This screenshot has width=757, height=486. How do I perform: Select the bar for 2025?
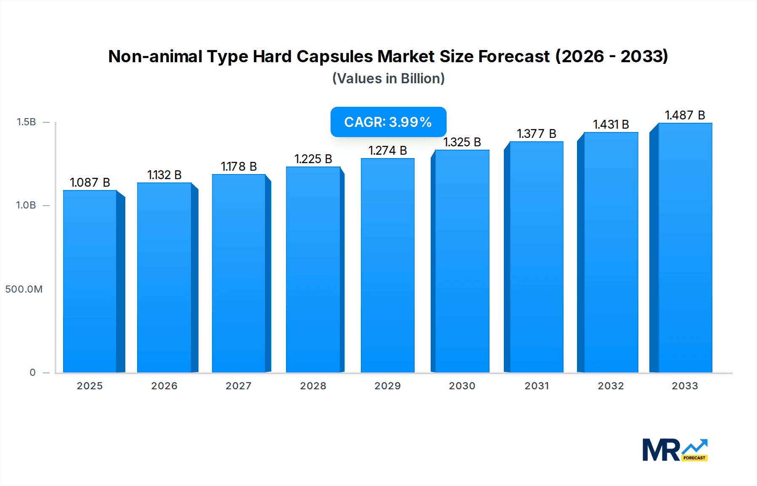pyautogui.click(x=90, y=282)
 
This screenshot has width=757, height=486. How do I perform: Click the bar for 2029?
pyautogui.click(x=387, y=265)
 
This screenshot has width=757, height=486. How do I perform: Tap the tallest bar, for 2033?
pyautogui.click(x=685, y=248)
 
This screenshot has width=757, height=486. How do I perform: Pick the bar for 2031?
pyautogui.click(x=536, y=256)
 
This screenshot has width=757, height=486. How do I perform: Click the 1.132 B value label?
pyautogui.click(x=164, y=175)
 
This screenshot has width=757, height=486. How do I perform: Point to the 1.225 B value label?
pyautogui.click(x=313, y=159)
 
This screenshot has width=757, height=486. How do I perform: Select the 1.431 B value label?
pyautogui.click(x=611, y=124)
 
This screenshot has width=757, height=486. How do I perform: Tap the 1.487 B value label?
pyautogui.click(x=685, y=115)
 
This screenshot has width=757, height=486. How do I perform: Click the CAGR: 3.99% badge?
pyautogui.click(x=388, y=122)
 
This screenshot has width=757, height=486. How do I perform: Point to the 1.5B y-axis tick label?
pyautogui.click(x=26, y=122)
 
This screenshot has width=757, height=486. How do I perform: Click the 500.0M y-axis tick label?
pyautogui.click(x=24, y=289)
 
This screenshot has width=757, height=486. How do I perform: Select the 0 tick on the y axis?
pyautogui.click(x=32, y=372)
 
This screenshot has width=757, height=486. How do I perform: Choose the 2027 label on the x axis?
pyautogui.click(x=238, y=386)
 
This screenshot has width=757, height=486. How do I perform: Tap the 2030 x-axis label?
pyautogui.click(x=462, y=386)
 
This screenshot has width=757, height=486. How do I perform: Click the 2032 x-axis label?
pyautogui.click(x=611, y=386)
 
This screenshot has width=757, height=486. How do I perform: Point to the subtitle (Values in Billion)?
pyautogui.click(x=388, y=79)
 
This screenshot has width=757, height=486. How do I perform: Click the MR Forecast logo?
pyautogui.click(x=675, y=450)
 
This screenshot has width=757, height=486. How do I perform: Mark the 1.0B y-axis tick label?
pyautogui.click(x=26, y=205)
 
